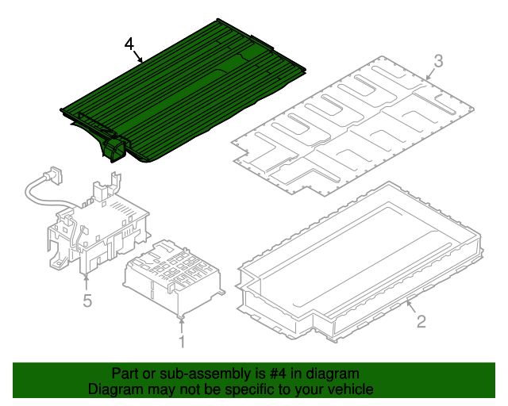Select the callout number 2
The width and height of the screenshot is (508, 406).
(x=421, y=321)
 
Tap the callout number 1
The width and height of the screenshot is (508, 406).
(x=182, y=342)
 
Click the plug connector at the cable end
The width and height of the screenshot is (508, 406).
(x=56, y=174)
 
